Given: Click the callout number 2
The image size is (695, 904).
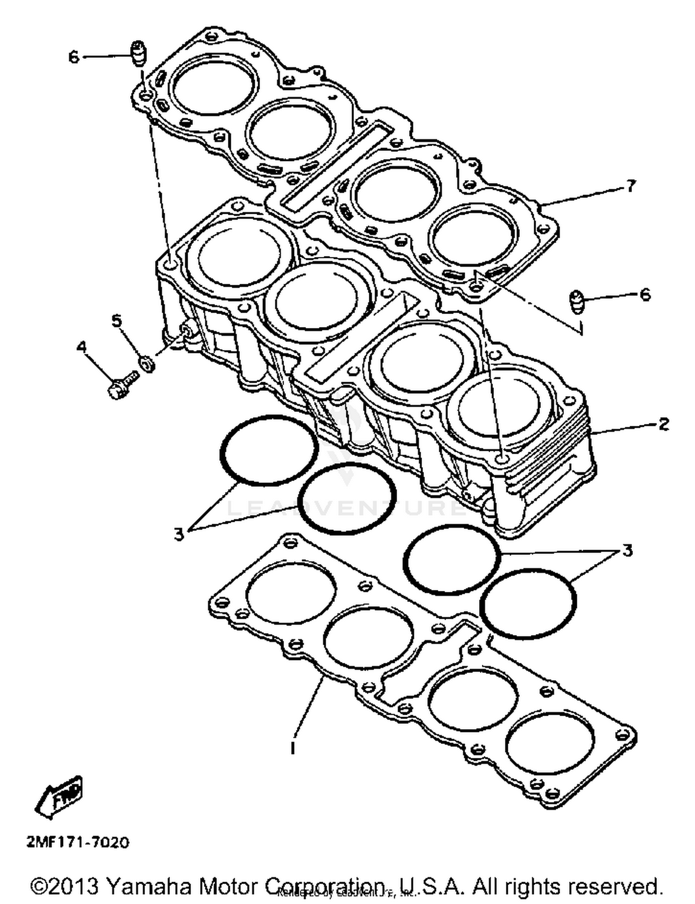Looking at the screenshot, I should point(663,423).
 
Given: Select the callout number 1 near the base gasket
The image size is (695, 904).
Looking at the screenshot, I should point(292,748).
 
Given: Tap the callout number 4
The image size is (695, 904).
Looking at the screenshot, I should point(82,347).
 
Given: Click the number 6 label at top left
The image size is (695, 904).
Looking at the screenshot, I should point(74,58).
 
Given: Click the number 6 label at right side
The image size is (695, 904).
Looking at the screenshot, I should point(645,295).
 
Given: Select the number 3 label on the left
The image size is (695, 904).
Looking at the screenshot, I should point(179,534).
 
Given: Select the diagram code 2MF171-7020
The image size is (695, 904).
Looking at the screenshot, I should point(78,841).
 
